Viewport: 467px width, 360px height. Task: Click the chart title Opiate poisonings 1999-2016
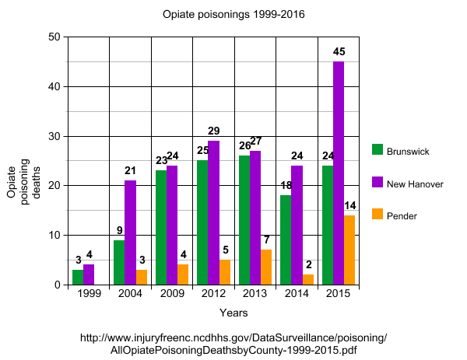[x=233, y=14]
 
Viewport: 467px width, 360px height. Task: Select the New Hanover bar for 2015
[x=339, y=173]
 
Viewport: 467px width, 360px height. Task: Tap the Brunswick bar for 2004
[x=119, y=262]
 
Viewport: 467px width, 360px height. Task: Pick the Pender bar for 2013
[x=266, y=267]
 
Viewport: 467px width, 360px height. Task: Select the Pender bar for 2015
[x=349, y=250]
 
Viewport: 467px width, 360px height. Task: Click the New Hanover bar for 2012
[x=213, y=212]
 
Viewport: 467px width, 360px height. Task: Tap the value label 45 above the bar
[x=339, y=52]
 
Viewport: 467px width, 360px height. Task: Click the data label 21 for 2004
[x=131, y=171]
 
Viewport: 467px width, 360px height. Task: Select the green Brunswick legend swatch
[x=377, y=150]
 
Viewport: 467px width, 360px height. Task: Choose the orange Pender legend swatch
[x=377, y=214]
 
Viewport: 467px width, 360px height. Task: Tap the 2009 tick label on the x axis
[x=171, y=295]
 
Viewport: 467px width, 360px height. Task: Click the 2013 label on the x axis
[x=255, y=295]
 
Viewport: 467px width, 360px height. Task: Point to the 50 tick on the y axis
[x=54, y=37]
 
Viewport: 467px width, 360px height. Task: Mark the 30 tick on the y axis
[x=54, y=136]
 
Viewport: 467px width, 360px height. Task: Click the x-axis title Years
[x=233, y=313]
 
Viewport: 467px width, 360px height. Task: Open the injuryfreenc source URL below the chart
[x=233, y=344]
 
